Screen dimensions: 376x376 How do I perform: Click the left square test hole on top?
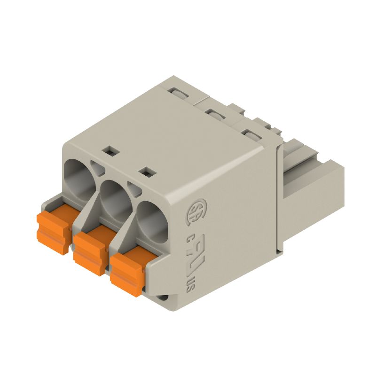click(x=109, y=151)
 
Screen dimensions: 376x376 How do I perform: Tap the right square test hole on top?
click(x=148, y=171)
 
